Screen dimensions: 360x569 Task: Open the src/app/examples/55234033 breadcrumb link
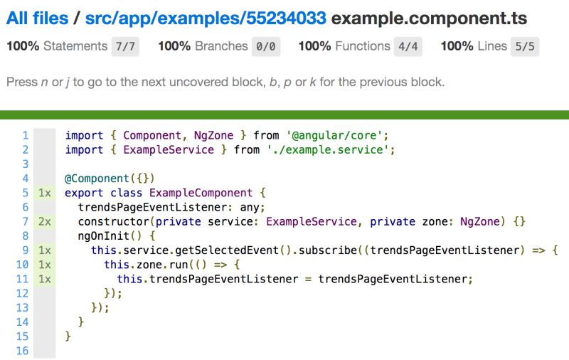click(x=206, y=18)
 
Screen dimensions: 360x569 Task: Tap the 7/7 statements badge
click(x=125, y=47)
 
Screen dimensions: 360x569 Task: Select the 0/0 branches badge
click(x=267, y=47)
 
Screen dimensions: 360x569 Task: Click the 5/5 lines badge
click(x=525, y=47)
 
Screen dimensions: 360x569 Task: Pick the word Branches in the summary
click(x=221, y=47)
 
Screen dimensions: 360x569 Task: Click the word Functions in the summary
click(x=363, y=47)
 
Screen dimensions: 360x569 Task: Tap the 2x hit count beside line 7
click(x=45, y=221)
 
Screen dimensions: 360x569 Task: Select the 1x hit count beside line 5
click(x=45, y=193)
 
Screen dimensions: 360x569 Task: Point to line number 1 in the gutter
click(x=25, y=135)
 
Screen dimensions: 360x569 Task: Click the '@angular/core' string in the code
click(x=337, y=135)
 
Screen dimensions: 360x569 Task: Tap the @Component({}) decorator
click(x=110, y=178)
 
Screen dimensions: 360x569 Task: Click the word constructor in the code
click(x=114, y=221)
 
